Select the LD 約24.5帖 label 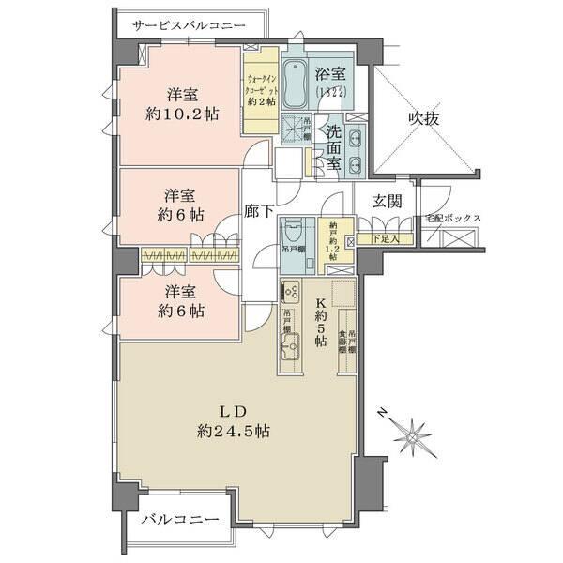click(x=234, y=421)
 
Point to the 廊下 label click(x=259, y=212)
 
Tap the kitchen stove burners click(x=291, y=291)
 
